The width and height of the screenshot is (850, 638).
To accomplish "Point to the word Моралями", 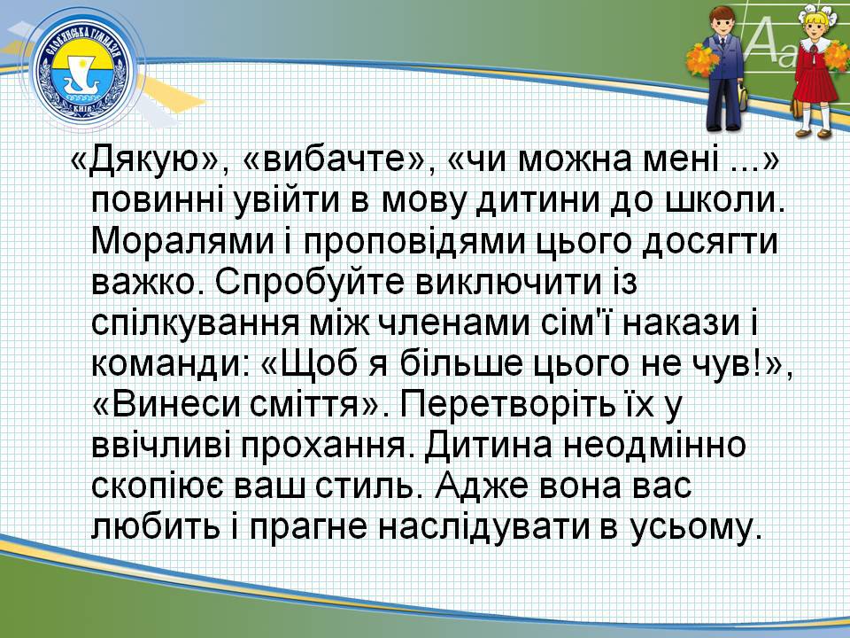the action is (x=183, y=243).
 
